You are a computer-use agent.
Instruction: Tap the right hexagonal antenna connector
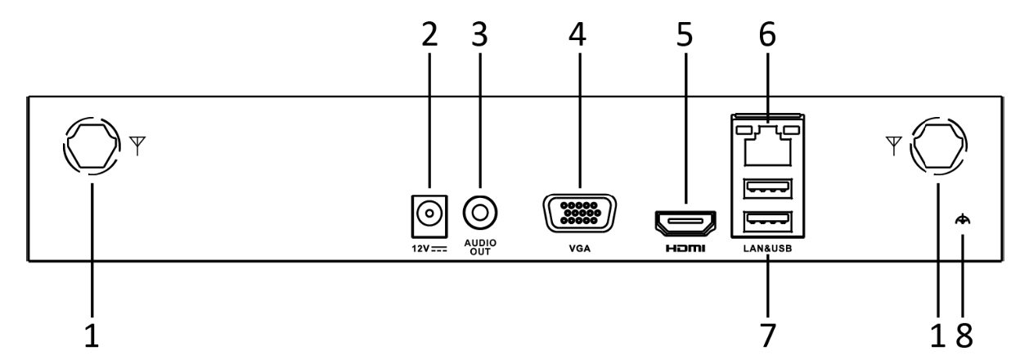938,147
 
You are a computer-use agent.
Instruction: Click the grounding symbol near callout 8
964,219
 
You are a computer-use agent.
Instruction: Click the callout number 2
429,34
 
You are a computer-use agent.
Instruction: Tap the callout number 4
579,34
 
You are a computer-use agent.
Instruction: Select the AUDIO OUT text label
480,248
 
